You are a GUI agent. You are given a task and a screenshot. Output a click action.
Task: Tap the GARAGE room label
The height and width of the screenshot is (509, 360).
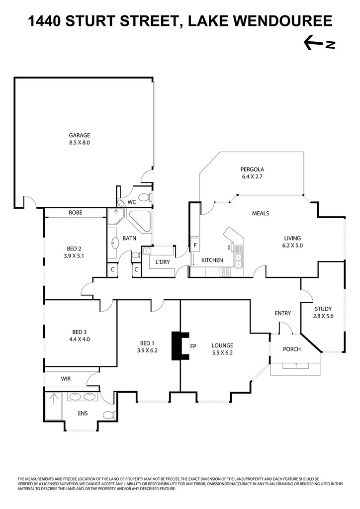pos(80,135)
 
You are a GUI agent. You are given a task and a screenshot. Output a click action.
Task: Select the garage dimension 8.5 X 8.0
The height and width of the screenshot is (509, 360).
pos(80,143)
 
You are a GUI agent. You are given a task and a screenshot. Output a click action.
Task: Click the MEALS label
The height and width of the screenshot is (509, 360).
pos(261,213)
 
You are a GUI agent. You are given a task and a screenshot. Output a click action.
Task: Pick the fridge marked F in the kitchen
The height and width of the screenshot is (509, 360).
pos(195,246)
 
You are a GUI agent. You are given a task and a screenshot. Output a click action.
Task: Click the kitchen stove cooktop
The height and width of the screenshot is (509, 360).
pos(225,271)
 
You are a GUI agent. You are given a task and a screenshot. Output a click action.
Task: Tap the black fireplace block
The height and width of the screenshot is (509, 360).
pos(178,345)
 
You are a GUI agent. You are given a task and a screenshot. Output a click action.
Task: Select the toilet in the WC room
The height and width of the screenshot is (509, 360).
pos(144,198)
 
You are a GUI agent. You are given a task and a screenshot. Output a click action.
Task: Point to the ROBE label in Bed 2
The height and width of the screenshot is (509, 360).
pos(76,213)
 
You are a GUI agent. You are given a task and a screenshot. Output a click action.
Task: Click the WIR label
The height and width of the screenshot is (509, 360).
pos(66,379)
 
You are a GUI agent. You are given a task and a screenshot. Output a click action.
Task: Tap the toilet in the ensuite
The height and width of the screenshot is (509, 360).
pos(108,415)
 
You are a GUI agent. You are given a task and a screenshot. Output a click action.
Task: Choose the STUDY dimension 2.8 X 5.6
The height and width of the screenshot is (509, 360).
pos(323,316)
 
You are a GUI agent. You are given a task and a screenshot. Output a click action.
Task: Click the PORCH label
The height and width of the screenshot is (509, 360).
pos(292,349)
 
